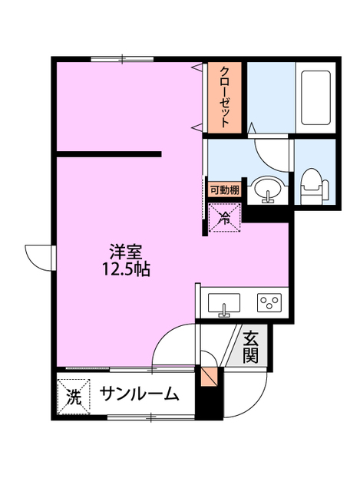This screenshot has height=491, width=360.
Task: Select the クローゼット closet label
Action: click(224, 97)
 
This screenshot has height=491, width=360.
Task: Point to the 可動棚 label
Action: click(223, 190)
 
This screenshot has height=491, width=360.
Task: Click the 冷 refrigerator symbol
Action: click(224, 219)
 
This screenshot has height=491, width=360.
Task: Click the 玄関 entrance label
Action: click(251, 347)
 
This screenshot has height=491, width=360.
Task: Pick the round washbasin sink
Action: click(268, 189)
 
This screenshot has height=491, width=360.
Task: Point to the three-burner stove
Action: click(269, 302)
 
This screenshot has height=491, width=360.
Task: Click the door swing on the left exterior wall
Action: click(38, 255)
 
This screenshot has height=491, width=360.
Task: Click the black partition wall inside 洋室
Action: click(108, 155)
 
